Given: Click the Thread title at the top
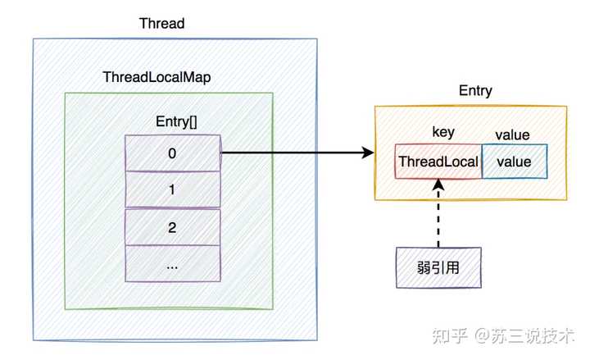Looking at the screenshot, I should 162,24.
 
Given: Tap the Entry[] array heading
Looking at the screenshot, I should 176,121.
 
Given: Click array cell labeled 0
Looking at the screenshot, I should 172,153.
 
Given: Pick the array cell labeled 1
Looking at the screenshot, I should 172,190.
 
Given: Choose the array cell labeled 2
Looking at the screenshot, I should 172,227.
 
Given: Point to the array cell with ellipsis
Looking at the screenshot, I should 172,264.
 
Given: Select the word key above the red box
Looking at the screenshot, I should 443,134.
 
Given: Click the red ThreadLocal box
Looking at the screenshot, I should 438,162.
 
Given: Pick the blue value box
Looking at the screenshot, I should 514,162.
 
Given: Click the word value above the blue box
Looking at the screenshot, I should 513,134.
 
